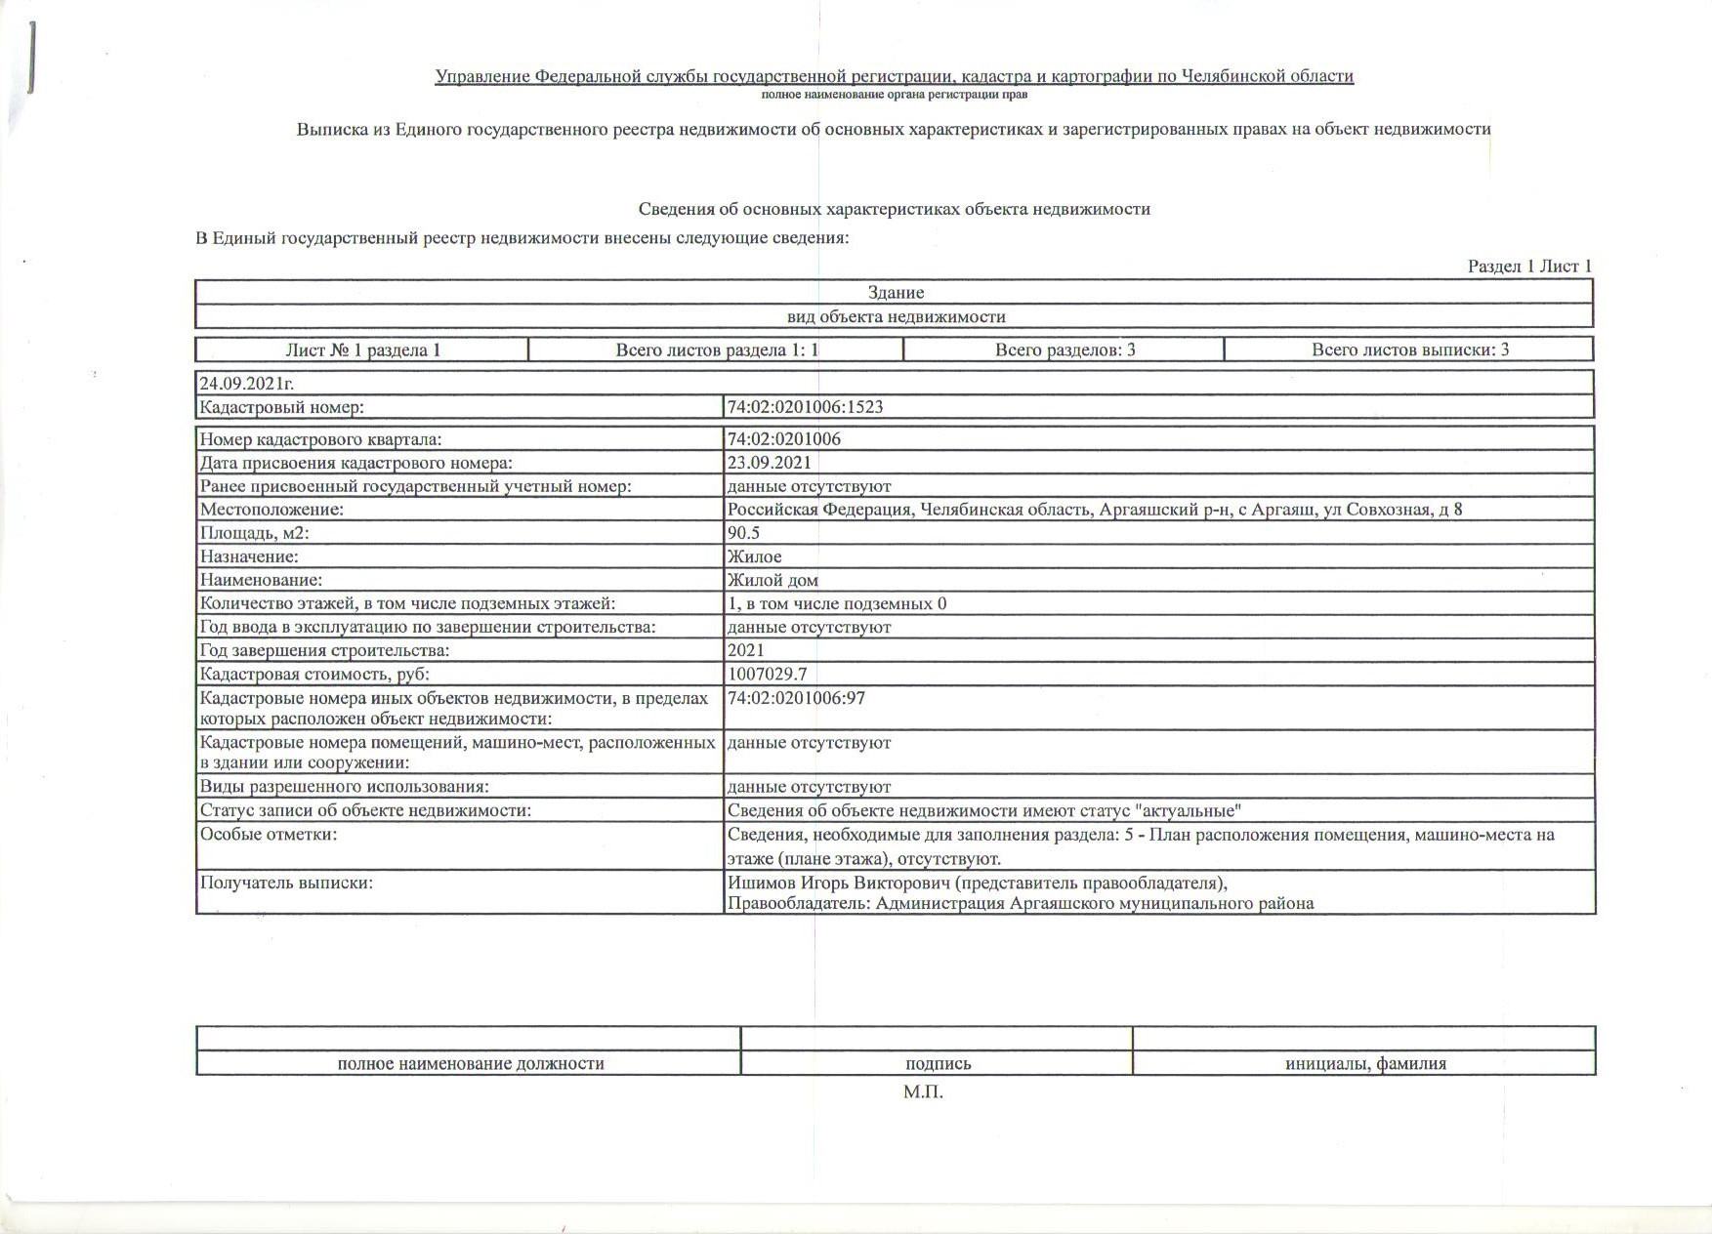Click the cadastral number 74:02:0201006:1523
(x=805, y=407)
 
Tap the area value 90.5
(x=743, y=533)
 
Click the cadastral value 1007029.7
(x=767, y=675)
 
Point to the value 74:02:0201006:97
(x=796, y=699)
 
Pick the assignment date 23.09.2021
(x=769, y=463)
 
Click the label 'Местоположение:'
(x=271, y=510)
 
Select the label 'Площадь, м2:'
(x=254, y=533)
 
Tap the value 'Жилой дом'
(x=772, y=580)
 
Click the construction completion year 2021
(x=746, y=650)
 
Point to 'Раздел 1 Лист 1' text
(x=1529, y=267)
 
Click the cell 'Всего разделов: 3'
(x=1065, y=350)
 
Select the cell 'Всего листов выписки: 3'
(x=1409, y=350)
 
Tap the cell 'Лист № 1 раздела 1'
(x=362, y=350)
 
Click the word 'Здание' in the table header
(x=896, y=292)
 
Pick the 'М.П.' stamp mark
(x=923, y=1092)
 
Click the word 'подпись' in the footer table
(x=938, y=1064)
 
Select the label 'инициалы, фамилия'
(x=1364, y=1064)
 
